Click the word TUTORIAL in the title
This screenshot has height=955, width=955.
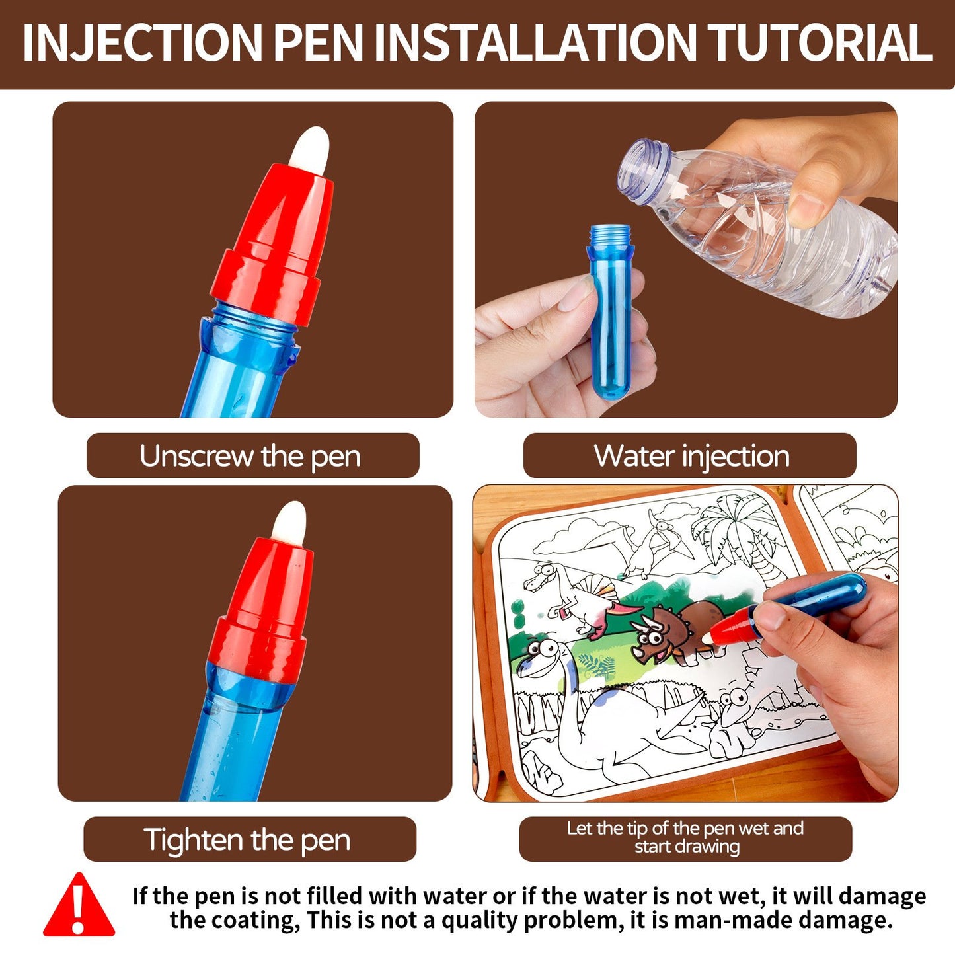pyautogui.click(x=820, y=44)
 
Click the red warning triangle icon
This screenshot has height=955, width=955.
pyautogui.click(x=79, y=905)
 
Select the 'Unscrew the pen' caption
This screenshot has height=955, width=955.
pyautogui.click(x=252, y=456)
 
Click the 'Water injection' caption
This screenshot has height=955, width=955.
pyautogui.click(x=691, y=456)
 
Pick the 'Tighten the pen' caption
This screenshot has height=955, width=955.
pyautogui.click(x=248, y=839)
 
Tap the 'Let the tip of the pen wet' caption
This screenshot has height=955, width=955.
pyautogui.click(x=685, y=837)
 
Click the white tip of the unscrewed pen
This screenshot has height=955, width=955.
pyautogui.click(x=309, y=145)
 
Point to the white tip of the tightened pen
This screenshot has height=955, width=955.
pyautogui.click(x=289, y=519)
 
